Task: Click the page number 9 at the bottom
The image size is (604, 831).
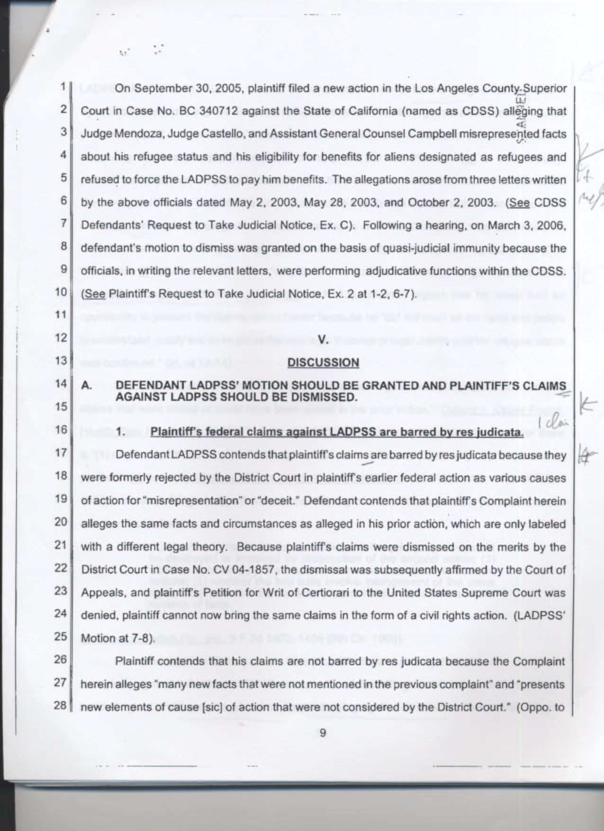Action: [x=323, y=733]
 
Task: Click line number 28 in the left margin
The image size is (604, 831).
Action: [x=60, y=705]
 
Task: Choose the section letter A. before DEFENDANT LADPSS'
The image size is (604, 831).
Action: [x=86, y=386]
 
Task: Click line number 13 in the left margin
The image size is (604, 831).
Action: [x=60, y=361]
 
